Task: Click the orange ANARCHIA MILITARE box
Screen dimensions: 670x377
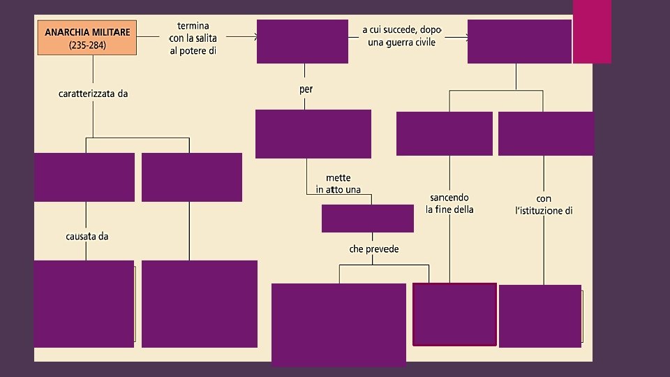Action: [86, 38]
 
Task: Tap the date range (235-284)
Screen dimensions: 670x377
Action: [87, 45]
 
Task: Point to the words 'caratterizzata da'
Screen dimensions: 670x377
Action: [93, 94]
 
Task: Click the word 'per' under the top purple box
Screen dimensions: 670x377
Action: [306, 89]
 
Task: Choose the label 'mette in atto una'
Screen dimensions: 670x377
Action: [338, 184]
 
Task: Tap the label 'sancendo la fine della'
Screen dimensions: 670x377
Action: [449, 203]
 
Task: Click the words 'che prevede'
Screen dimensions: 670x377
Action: [374, 249]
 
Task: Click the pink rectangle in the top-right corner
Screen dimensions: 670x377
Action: [592, 31]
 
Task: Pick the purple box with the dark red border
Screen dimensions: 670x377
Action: [454, 314]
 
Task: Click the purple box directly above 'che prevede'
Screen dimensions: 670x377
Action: [367, 219]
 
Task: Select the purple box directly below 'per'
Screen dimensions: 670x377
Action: [313, 134]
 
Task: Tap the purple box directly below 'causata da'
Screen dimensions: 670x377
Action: [84, 304]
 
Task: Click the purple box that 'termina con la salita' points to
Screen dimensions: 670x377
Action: [302, 41]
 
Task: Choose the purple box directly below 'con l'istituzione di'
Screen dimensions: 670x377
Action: [539, 316]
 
